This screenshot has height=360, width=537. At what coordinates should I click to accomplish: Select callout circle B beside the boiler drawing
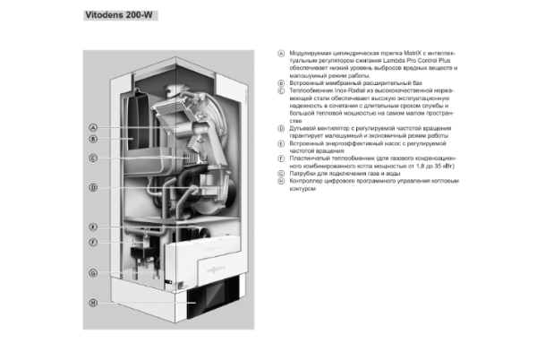92,139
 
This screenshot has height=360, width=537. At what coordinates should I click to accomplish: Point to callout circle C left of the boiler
92,158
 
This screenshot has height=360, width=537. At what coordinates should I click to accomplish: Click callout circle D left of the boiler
92,188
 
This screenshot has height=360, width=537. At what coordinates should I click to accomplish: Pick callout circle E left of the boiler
92,227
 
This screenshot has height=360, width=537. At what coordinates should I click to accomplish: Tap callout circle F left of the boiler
92,243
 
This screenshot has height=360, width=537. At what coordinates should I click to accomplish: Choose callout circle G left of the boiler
92,272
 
